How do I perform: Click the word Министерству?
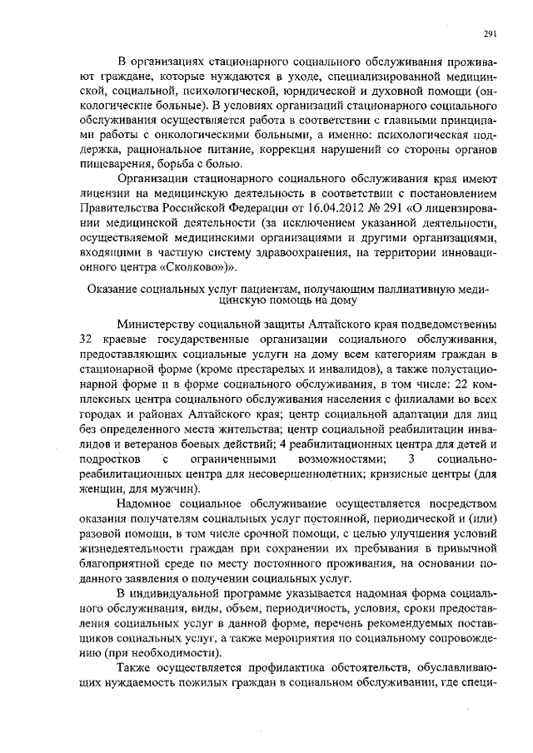click(x=165, y=322)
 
